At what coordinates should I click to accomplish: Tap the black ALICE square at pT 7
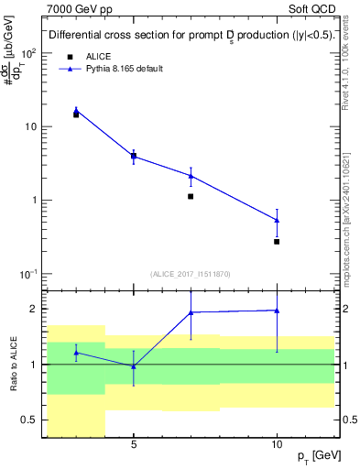[x=191, y=196]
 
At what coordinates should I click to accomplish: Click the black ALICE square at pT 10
[x=277, y=241]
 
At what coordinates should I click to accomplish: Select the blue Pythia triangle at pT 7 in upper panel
[x=191, y=175]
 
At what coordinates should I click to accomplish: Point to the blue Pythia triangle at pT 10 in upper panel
[x=277, y=220]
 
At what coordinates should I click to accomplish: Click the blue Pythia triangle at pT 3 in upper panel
[x=76, y=111]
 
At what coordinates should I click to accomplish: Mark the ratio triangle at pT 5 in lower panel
[x=134, y=366]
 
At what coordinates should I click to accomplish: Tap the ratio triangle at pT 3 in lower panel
[x=76, y=352]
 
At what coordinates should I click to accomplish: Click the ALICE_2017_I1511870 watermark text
[x=191, y=274]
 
